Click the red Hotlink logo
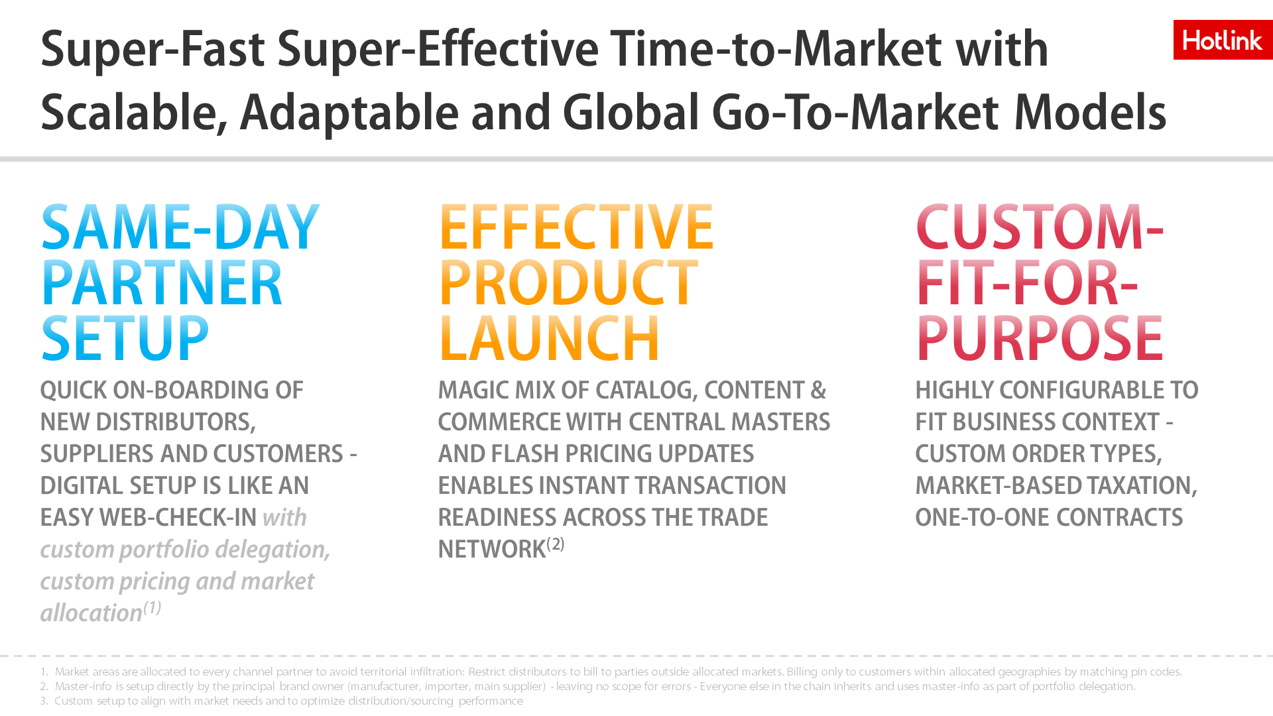click(1223, 40)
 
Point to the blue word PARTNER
click(162, 283)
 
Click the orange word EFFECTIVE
click(576, 227)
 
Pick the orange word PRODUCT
click(568, 283)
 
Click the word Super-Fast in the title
click(152, 50)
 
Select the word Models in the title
click(1090, 113)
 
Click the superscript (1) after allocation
click(152, 607)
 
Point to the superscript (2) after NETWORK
click(556, 544)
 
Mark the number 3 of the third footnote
click(44, 701)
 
